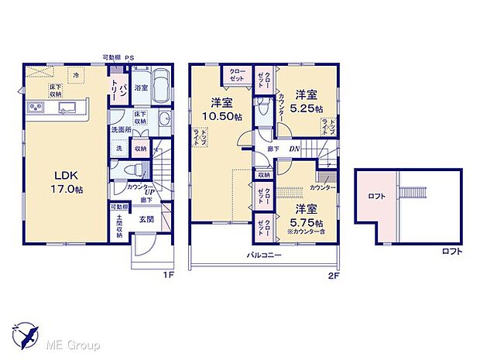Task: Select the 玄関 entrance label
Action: tap(147, 219)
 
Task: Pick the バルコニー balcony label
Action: tap(264, 254)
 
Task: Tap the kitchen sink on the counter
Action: tap(64, 107)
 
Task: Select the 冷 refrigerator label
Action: tap(76, 75)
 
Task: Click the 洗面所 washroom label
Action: tap(119, 130)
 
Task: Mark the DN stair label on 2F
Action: tap(295, 149)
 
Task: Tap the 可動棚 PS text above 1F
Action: tap(120, 57)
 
